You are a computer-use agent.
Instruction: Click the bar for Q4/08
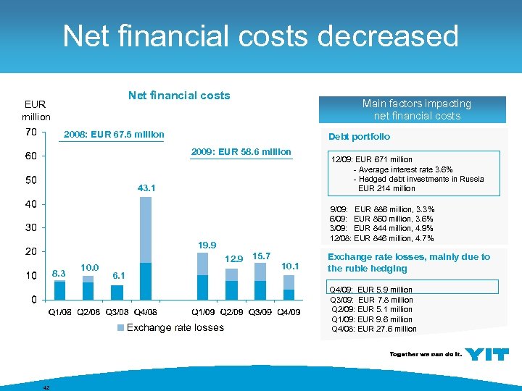click(145, 248)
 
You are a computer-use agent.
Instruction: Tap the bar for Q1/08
click(59, 290)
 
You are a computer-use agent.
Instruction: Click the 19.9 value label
click(207, 245)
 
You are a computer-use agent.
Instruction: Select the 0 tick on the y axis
click(34, 299)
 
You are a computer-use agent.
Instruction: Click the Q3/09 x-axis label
click(260, 312)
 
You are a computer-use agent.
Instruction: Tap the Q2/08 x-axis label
click(88, 312)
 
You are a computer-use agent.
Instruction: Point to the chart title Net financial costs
click(178, 96)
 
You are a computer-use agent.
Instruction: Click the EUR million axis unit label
click(36, 110)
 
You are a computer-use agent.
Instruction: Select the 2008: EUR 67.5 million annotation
click(114, 135)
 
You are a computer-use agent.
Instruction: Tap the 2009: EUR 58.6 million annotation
click(241, 152)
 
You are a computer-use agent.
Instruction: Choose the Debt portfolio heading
click(359, 137)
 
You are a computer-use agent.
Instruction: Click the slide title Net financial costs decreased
click(260, 36)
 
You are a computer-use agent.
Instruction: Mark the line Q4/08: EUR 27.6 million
click(373, 329)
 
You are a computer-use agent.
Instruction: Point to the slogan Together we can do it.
click(423, 354)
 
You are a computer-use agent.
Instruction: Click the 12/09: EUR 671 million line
click(371, 160)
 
